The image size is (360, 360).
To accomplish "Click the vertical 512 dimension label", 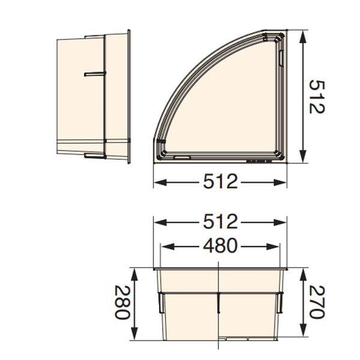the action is pos(317,97).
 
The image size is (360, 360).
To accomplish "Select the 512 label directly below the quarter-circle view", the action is pos(220,181).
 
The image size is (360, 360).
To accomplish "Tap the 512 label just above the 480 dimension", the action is pos(220,221).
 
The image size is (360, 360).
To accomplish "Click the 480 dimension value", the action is pos(220,245).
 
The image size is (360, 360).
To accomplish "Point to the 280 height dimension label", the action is pos(122,302).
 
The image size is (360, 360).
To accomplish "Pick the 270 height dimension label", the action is pos(317,302).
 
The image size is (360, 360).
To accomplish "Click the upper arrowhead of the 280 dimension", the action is pos(134,275).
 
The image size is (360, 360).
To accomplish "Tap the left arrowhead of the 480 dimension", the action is pos(167,247).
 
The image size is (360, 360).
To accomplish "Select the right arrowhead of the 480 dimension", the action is pos(273,247).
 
